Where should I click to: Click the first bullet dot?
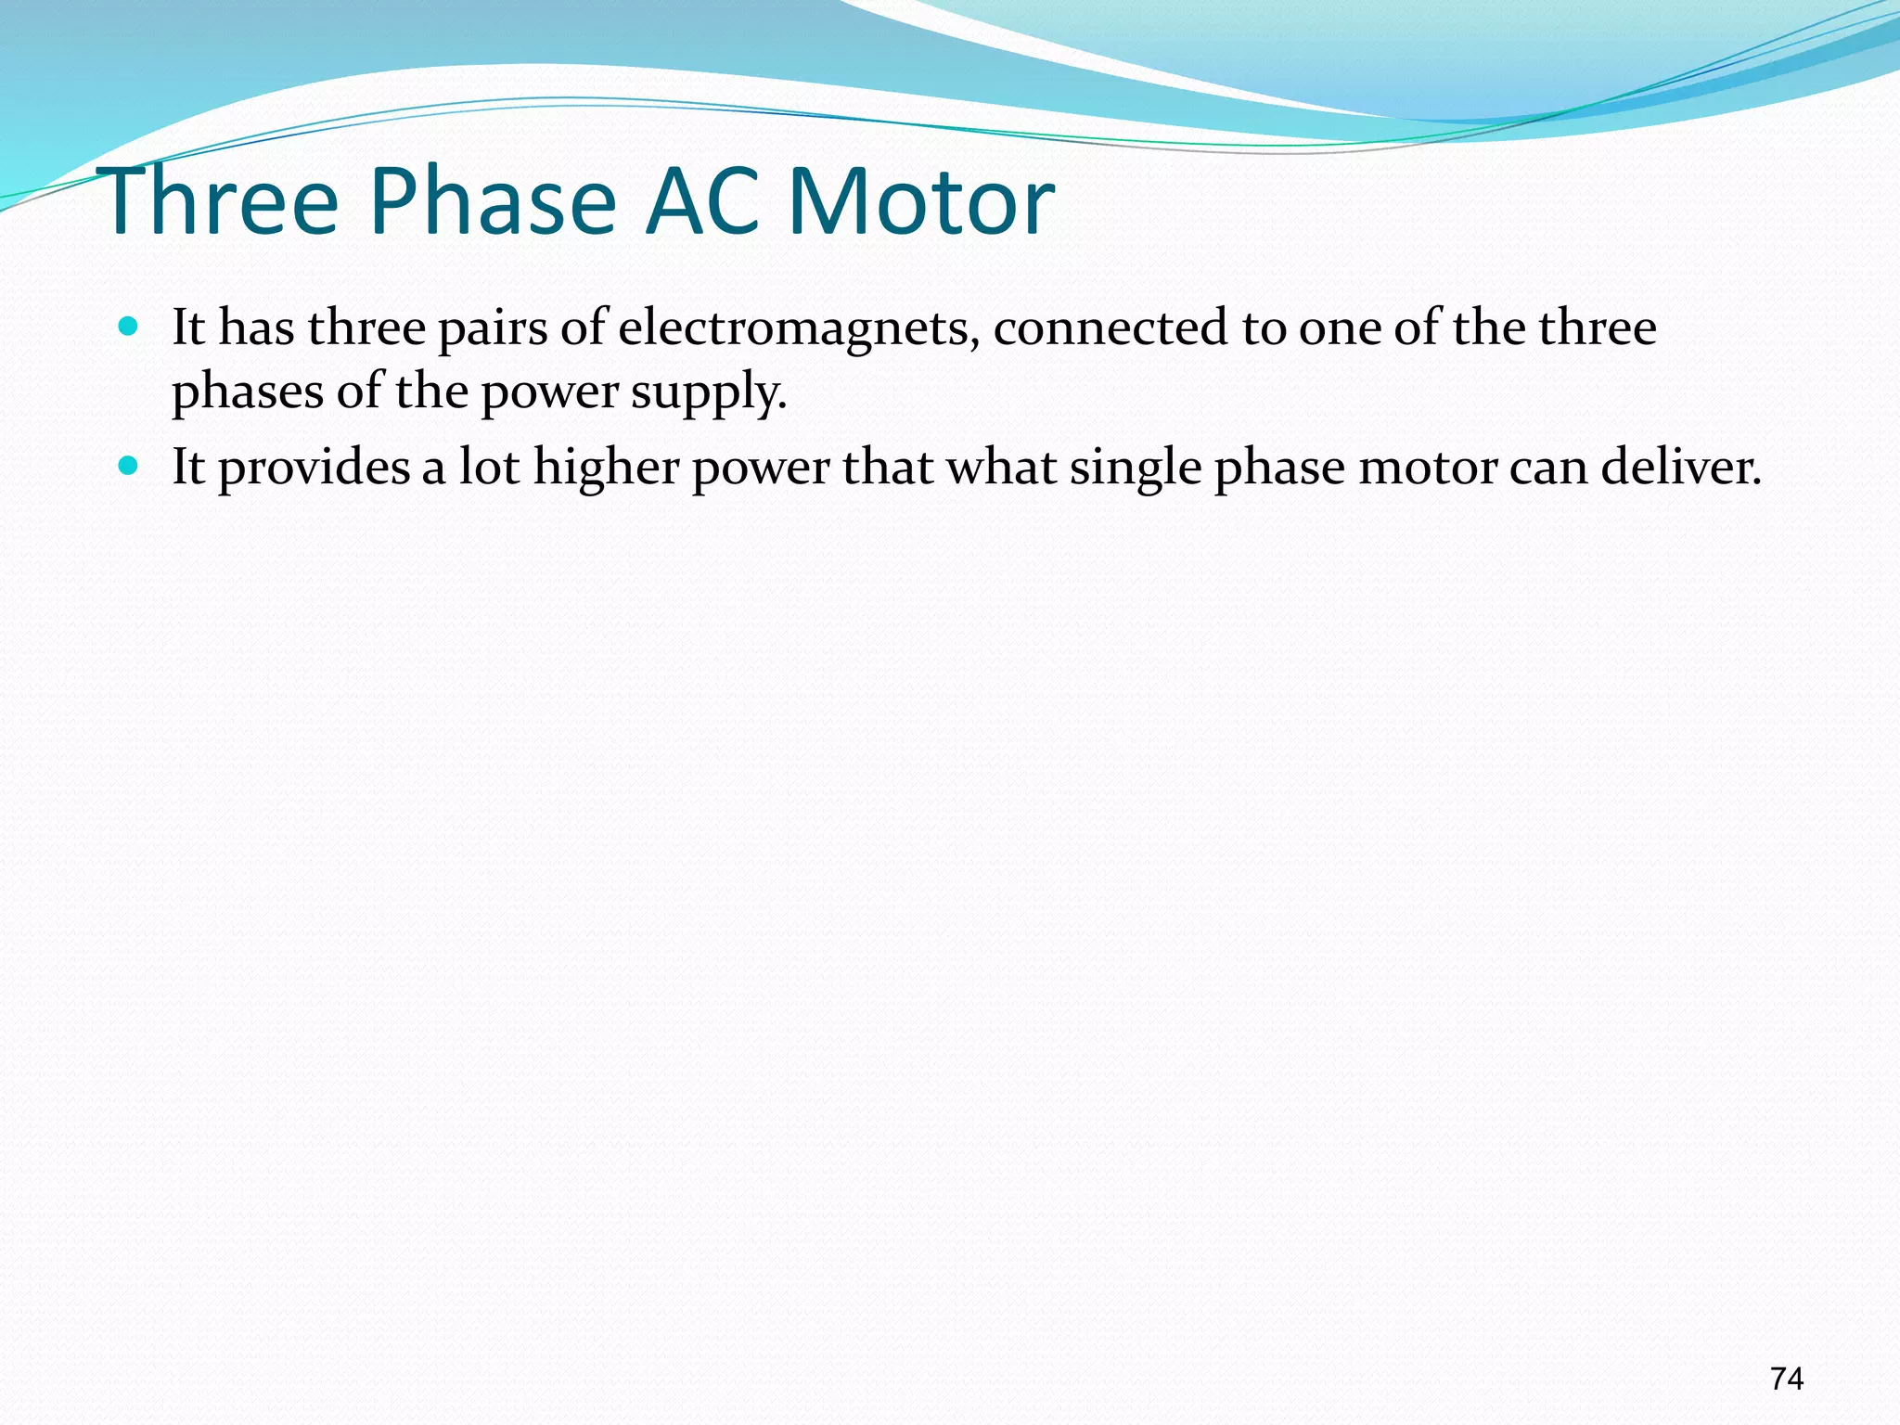[x=129, y=327]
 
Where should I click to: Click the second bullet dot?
[x=129, y=465]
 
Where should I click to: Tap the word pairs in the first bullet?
[x=493, y=330]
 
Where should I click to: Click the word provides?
[x=314, y=469]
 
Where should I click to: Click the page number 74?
[x=1786, y=1379]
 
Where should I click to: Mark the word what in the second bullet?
[x=1001, y=467]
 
